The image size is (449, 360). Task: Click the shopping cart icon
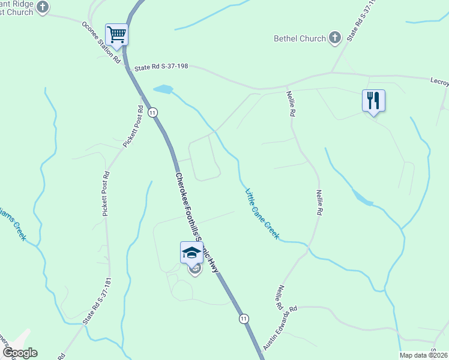click(x=116, y=34)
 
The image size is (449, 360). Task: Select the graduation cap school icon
click(x=191, y=252)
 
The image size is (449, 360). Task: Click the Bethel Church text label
click(x=300, y=38)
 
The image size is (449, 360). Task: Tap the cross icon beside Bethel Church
click(x=335, y=38)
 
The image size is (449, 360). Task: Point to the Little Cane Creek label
click(x=262, y=214)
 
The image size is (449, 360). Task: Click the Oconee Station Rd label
click(x=101, y=43)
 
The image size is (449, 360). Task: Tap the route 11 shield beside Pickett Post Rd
click(x=154, y=112)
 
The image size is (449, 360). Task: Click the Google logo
click(x=19, y=353)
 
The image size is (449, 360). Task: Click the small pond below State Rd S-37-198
click(x=163, y=90)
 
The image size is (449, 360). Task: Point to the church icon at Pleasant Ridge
click(x=42, y=7)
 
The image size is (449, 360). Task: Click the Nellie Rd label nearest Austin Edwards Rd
click(x=281, y=297)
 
